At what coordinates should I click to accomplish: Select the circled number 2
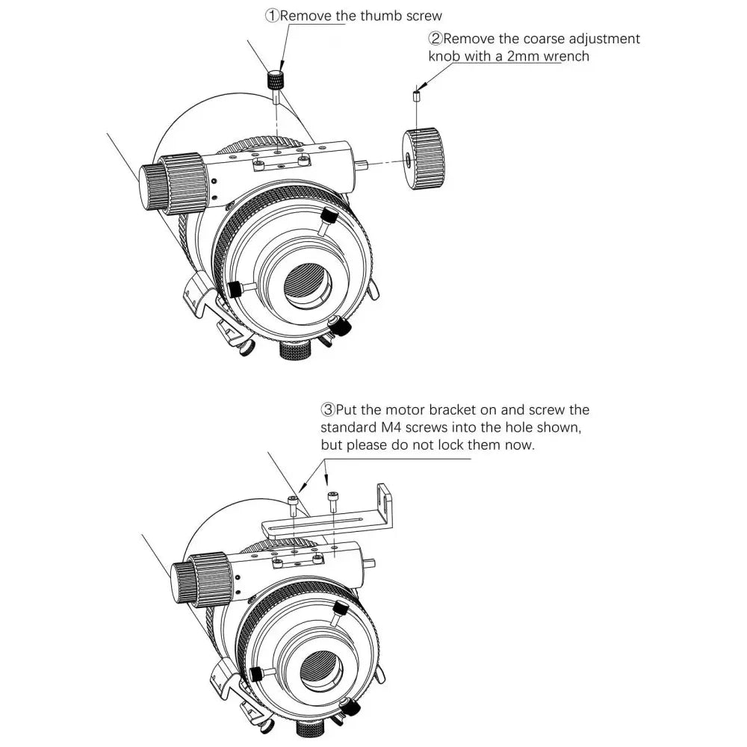(x=435, y=38)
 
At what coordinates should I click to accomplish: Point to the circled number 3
(x=327, y=410)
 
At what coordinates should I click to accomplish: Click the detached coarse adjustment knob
(x=426, y=160)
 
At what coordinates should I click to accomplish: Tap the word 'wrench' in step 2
(x=565, y=56)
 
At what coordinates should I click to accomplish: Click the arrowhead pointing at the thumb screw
(x=277, y=65)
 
